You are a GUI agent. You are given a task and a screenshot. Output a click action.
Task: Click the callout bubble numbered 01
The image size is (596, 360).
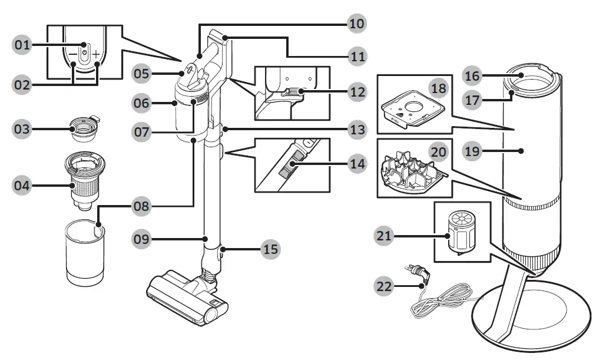click(x=22, y=45)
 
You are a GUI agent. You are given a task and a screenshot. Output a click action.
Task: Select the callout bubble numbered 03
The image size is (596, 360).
click(x=22, y=129)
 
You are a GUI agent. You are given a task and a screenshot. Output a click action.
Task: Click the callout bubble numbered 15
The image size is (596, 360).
click(x=270, y=249)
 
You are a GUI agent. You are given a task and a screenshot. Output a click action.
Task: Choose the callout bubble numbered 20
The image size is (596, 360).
click(x=438, y=151)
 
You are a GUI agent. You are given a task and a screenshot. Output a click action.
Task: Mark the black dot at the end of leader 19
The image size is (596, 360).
click(x=522, y=151)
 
